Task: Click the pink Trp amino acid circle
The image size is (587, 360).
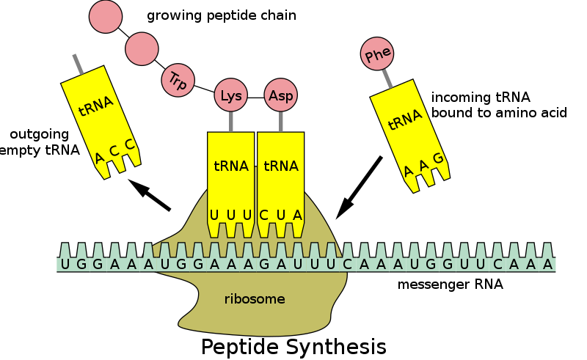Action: pyautogui.click(x=177, y=79)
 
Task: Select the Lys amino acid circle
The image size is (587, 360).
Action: pyautogui.click(x=231, y=96)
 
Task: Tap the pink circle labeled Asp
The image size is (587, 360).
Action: pyautogui.click(x=280, y=96)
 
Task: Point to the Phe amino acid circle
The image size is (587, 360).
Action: pyautogui.click(x=377, y=54)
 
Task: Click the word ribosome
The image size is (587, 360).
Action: pyautogui.click(x=255, y=299)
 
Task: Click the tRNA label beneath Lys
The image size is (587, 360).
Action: pyautogui.click(x=231, y=166)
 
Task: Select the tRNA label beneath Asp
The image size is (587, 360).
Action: pyautogui.click(x=281, y=166)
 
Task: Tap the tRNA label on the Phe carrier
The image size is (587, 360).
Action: pyautogui.click(x=405, y=120)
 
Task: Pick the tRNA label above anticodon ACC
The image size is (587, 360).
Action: pyautogui.click(x=96, y=107)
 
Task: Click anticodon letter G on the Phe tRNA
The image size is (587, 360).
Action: pyautogui.click(x=438, y=158)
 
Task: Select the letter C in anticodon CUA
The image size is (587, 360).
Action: pyautogui.click(x=264, y=215)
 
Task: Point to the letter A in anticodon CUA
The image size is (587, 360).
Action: pyautogui.click(x=297, y=215)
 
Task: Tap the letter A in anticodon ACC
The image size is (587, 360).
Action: pyautogui.click(x=99, y=158)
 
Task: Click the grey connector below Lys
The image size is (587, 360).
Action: pyautogui.click(x=231, y=122)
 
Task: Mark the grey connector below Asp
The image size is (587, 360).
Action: pyautogui.click(x=280, y=122)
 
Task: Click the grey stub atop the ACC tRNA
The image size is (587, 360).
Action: pyautogui.click(x=77, y=64)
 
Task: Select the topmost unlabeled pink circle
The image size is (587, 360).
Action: pyautogui.click(x=106, y=17)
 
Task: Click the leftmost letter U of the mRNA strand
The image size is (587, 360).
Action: pyautogui.click(x=65, y=265)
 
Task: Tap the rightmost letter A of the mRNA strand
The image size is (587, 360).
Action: pyautogui.click(x=547, y=265)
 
